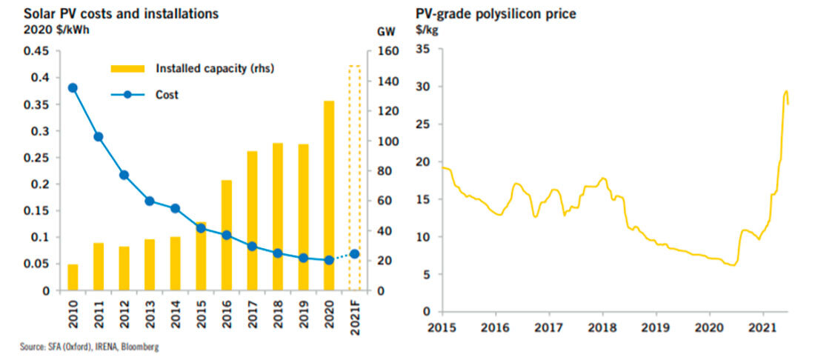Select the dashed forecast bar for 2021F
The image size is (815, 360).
[354, 178]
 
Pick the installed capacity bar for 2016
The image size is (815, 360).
[226, 235]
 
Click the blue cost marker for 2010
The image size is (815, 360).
[73, 87]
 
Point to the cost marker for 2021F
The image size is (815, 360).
[354, 254]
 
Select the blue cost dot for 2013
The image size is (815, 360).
[150, 201]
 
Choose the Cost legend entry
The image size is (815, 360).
[167, 95]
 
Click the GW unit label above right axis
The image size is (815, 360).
[385, 32]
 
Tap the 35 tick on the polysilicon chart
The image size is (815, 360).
[424, 50]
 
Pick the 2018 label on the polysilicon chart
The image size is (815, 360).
[602, 326]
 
